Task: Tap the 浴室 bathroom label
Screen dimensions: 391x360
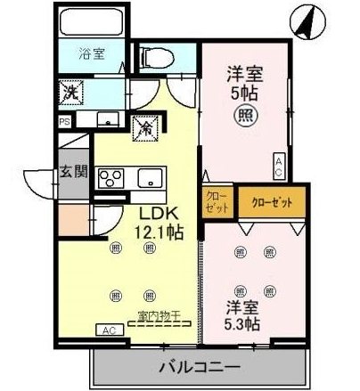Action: coord(93,53)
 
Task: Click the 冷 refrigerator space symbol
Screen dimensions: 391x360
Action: coord(144,127)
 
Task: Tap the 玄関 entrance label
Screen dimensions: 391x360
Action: coord(73,171)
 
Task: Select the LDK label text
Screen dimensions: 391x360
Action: coord(159,214)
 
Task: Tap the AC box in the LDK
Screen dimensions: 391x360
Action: coord(110,330)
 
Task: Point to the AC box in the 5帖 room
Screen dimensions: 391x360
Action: coord(279,164)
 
